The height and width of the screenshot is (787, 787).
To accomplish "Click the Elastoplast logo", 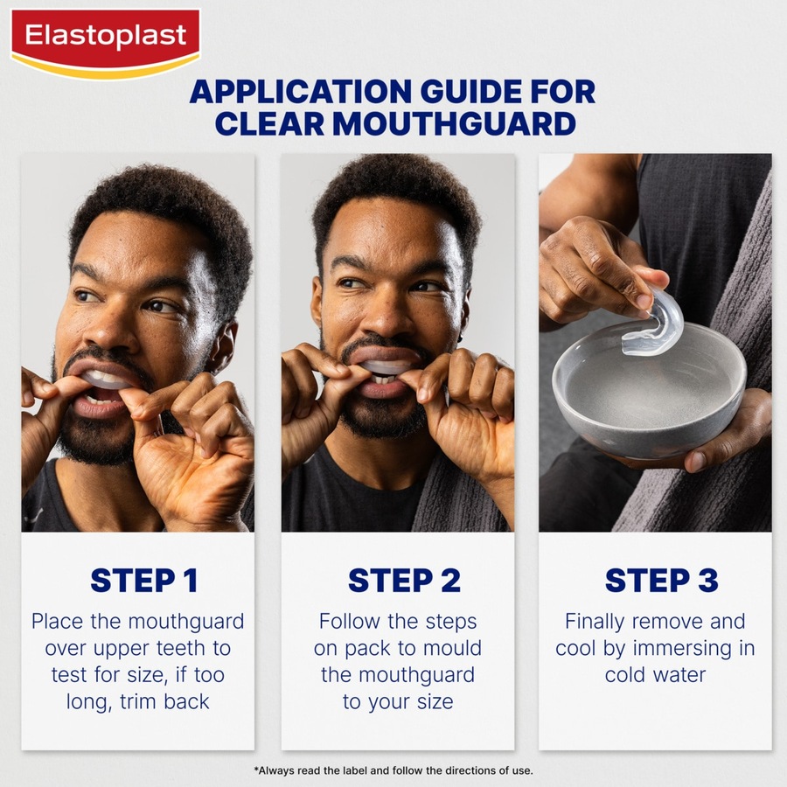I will coord(105,38).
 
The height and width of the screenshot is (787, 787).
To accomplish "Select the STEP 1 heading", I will coord(143,581).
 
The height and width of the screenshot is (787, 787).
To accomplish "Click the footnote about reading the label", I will coord(393,770).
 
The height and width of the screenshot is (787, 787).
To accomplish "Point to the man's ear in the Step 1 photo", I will coord(226,341).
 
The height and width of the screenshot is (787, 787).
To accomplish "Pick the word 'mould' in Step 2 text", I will coord(452,649).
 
